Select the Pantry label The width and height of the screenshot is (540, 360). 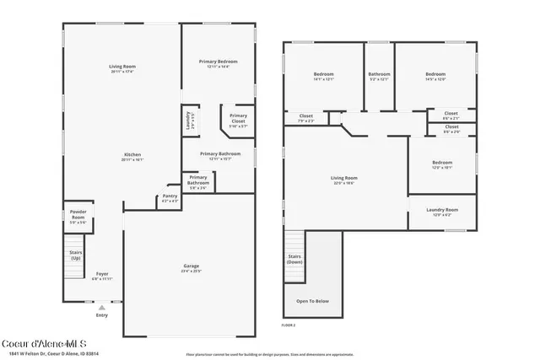[x=170, y=197]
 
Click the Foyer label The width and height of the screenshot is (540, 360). [x=101, y=275]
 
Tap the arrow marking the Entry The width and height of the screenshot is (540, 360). [x=101, y=307]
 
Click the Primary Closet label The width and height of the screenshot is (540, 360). [x=238, y=117]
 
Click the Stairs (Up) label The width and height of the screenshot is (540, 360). [x=76, y=255]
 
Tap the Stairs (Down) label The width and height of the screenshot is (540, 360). [x=294, y=259]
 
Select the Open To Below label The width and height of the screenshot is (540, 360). [x=312, y=300]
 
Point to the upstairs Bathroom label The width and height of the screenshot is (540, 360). [x=379, y=76]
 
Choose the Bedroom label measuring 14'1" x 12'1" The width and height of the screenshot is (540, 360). [x=323, y=76]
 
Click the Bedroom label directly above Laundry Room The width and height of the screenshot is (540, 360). [x=442, y=164]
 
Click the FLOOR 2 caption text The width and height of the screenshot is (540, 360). [x=289, y=324]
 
